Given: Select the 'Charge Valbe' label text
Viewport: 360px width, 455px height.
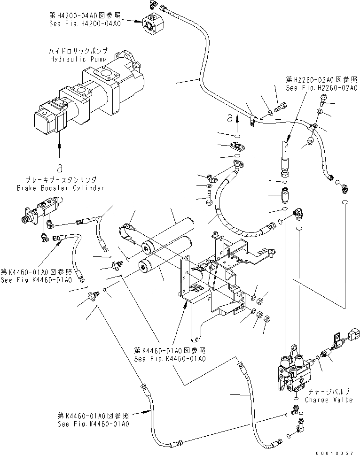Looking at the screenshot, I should [329, 400].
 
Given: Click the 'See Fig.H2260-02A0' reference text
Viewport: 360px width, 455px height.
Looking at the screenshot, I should [319, 88].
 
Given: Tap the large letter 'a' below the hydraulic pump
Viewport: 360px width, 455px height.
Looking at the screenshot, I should [59, 167].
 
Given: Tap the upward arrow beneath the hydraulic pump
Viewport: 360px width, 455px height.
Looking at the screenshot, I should [59, 151].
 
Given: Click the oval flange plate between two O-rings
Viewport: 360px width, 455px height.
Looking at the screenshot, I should [237, 146].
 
